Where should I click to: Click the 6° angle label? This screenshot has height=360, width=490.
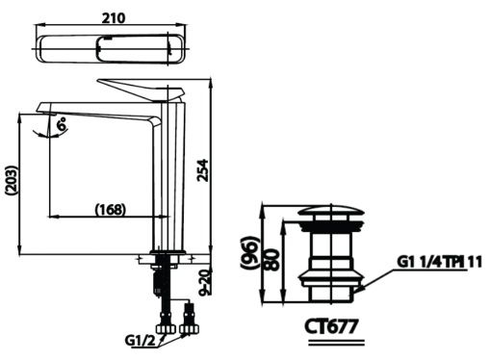point(62,124)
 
